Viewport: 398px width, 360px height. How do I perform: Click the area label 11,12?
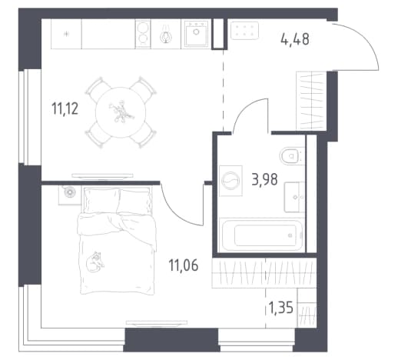(x=65, y=108)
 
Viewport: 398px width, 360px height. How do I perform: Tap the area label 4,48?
(x=295, y=39)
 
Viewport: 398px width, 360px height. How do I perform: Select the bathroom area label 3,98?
(x=264, y=179)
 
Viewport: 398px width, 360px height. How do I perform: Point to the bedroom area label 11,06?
(x=184, y=265)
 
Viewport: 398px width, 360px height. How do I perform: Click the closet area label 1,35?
(x=280, y=307)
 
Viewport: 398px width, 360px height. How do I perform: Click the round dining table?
(x=121, y=112)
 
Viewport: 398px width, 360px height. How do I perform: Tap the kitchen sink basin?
(x=196, y=34)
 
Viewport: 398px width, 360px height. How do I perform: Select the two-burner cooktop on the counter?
(x=143, y=34)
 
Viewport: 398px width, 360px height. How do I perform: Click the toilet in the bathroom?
(x=292, y=156)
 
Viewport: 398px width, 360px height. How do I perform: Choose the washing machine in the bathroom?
(x=231, y=181)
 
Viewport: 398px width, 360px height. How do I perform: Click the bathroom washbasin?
(x=294, y=197)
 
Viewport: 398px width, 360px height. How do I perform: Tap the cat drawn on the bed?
(x=95, y=262)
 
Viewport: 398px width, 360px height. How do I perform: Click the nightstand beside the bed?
(x=69, y=195)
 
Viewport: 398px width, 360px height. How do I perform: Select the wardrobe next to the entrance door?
(x=311, y=101)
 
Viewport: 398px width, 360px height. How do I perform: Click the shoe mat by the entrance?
(x=244, y=31)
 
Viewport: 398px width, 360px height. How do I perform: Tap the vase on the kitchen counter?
(x=166, y=34)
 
